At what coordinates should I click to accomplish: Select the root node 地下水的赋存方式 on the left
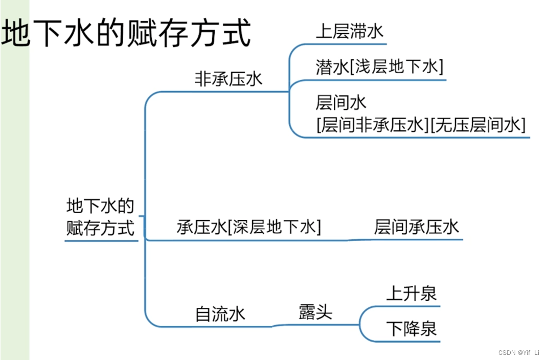(101, 217)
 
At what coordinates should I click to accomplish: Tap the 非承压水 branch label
(228, 79)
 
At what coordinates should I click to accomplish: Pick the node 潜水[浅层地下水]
(379, 67)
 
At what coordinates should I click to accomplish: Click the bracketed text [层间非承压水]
(373, 125)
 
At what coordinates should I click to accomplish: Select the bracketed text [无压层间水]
(478, 125)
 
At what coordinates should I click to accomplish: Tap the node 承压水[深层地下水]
(248, 227)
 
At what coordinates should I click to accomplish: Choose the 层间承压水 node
(417, 227)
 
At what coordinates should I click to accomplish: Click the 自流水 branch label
(220, 313)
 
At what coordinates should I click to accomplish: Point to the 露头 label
(315, 311)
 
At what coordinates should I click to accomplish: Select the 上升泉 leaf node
(411, 294)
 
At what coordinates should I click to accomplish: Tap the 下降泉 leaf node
(411, 329)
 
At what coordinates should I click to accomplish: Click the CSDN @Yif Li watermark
(518, 352)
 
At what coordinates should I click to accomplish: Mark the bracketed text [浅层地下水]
(397, 67)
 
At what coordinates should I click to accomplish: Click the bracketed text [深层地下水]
(274, 227)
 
